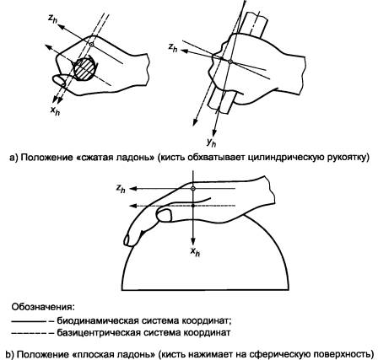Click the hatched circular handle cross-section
point(84,69)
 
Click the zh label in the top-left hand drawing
point(52,19)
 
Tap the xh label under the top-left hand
point(55,110)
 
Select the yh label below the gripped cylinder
point(211,142)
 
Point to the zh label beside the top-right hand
point(173,47)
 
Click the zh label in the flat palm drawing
point(121,189)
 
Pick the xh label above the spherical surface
point(195,252)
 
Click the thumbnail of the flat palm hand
point(165,216)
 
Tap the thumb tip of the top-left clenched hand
point(58,80)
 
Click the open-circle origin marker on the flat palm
point(192,189)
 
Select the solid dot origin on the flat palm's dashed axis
point(192,206)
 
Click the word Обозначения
point(43,306)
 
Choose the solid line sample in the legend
point(28,321)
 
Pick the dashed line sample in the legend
point(28,333)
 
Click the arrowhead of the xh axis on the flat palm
point(193,242)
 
